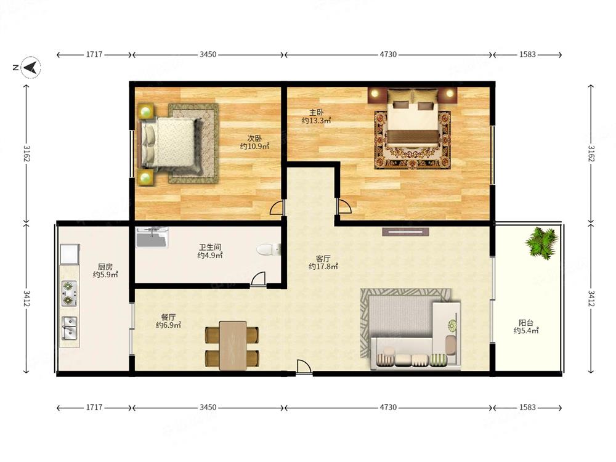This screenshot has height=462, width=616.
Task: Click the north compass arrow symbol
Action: click(31, 67)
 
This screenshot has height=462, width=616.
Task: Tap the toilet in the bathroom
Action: click(269, 249)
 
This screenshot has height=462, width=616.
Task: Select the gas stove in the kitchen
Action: click(69, 293)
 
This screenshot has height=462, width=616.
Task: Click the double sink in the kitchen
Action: click(70, 328)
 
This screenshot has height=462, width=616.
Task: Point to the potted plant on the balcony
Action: click(542, 242)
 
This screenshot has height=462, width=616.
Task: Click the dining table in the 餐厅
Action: click(233, 346)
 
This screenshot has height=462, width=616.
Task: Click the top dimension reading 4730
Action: click(388, 55)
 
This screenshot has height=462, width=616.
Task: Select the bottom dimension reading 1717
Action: click(94, 407)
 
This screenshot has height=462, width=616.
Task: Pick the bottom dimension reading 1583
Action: click(527, 407)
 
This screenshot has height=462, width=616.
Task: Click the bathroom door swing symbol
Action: click(257, 278)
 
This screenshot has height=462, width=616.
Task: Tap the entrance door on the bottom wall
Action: click(304, 367)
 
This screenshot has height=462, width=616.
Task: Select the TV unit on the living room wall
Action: click(405, 232)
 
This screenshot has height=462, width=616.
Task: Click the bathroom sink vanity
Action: click(152, 237)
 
